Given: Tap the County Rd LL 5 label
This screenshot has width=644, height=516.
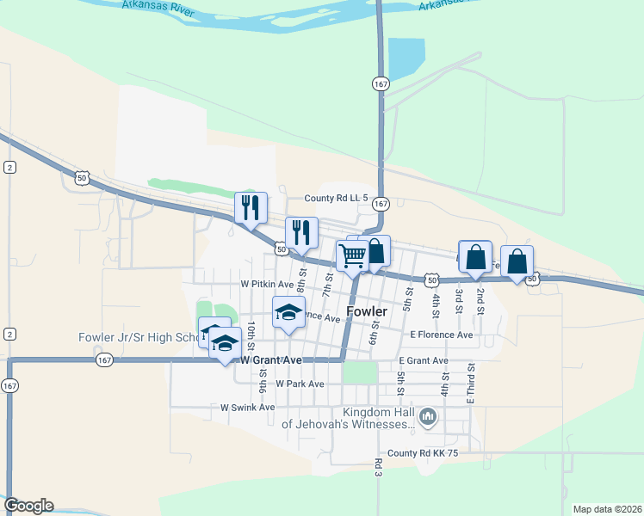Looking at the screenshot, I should pyautogui.click(x=330, y=198).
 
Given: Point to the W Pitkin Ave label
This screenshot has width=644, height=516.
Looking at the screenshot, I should pyautogui.click(x=267, y=283).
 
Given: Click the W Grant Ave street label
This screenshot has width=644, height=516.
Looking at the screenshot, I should pyautogui.click(x=271, y=359).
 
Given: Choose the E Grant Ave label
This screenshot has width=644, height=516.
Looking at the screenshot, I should pyautogui.click(x=423, y=360).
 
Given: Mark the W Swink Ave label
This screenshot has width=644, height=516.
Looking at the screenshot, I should pyautogui.click(x=247, y=407).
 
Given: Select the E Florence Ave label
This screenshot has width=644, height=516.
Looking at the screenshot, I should pyautogui.click(x=442, y=335).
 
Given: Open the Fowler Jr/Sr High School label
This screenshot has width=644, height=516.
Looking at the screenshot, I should pyautogui.click(x=138, y=337).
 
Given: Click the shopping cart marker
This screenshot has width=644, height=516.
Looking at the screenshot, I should pyautogui.click(x=351, y=255).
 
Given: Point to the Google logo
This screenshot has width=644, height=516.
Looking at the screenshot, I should pyautogui.click(x=28, y=506).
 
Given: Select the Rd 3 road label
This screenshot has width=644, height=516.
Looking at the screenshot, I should pyautogui.click(x=378, y=468).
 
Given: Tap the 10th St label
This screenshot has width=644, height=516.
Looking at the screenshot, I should pyautogui.click(x=251, y=331).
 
